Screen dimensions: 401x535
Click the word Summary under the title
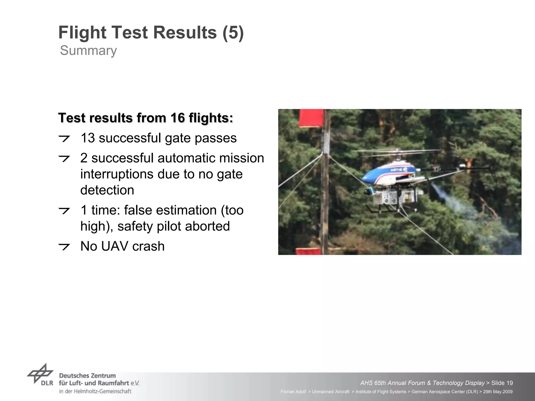coord(88,51)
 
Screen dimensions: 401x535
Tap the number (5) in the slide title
coord(233,33)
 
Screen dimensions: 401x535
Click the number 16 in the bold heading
coord(178,118)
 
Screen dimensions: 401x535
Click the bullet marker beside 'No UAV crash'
coord(64,246)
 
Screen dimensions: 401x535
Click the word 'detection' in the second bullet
coord(107,190)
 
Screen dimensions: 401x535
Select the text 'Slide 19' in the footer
coord(502,383)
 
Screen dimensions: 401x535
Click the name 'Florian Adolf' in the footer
coord(293,392)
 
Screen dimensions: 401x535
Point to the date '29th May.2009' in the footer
coord(498,392)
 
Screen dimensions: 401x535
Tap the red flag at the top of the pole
coord(311,118)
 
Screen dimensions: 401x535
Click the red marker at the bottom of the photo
coord(308,251)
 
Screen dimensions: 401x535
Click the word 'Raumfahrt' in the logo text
coord(114,383)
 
